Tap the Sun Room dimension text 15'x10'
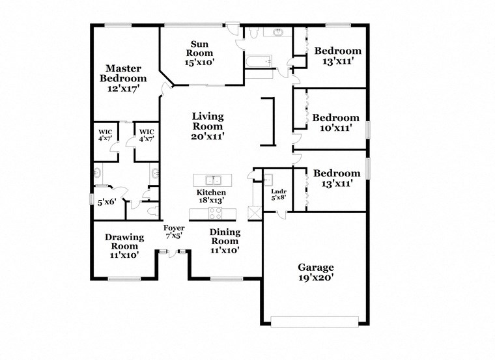pyautogui.click(x=199, y=62)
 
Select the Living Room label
pyautogui.click(x=208, y=121)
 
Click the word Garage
pyautogui.click(x=316, y=268)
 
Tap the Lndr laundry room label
pyautogui.click(x=278, y=191)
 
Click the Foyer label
pyautogui.click(x=173, y=228)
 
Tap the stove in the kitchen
pyautogui.click(x=214, y=214)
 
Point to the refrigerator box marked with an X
pyautogui.click(x=255, y=214)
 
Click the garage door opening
pyautogui.click(x=315, y=321)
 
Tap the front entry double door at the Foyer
pyautogui.click(x=173, y=253)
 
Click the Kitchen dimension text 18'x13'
pyautogui.click(x=212, y=201)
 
